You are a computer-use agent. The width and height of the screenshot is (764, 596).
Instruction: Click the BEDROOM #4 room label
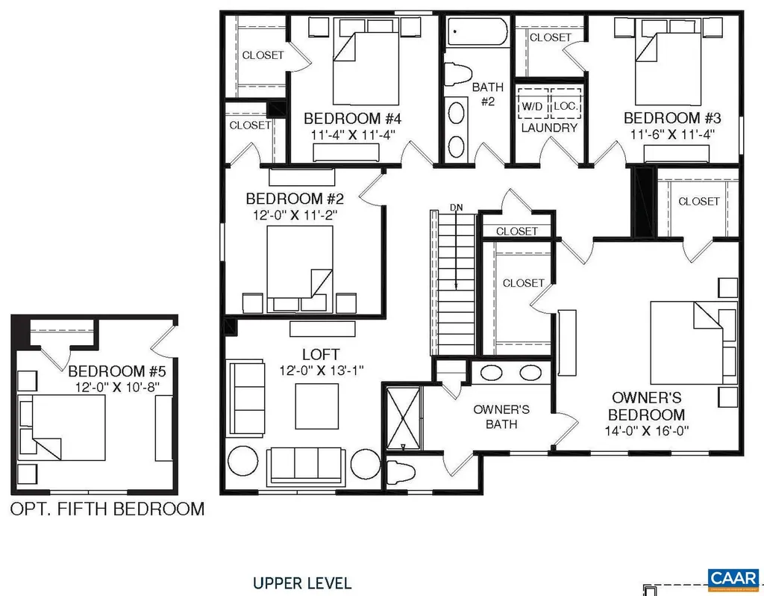353,119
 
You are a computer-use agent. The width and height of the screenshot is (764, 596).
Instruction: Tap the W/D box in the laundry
532,107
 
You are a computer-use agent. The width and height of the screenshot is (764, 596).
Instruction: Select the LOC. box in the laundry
565,107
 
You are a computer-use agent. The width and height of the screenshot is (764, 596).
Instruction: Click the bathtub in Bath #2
477,34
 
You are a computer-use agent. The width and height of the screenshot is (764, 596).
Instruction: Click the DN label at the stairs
456,207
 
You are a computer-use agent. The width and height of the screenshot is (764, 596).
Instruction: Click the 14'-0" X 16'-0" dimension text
648,430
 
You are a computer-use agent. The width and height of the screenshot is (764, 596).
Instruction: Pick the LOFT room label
322,354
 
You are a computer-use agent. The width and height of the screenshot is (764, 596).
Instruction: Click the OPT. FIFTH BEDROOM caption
107,509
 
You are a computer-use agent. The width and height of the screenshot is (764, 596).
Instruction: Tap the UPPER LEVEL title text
301,583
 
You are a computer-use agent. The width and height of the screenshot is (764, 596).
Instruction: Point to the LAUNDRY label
549,128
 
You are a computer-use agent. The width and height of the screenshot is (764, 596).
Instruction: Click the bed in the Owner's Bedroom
690,341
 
